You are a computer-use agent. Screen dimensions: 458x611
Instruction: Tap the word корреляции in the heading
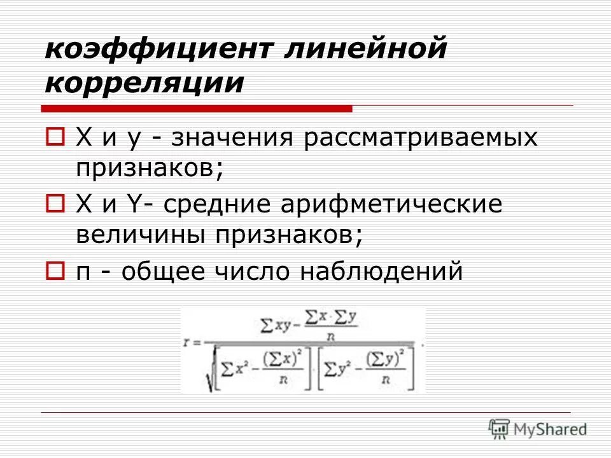144,83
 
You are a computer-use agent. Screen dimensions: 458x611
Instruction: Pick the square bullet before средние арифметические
55,204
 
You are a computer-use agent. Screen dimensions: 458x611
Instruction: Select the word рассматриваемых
421,139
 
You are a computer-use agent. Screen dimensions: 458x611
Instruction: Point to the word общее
162,272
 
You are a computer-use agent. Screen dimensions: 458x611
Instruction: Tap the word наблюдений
381,272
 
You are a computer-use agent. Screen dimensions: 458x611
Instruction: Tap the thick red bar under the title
197,109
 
